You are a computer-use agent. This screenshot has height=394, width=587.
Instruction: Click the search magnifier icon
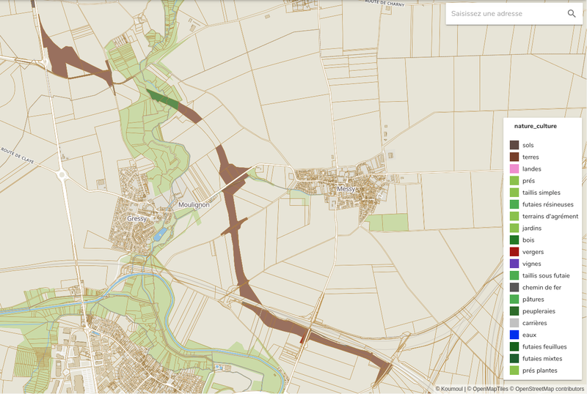[x=572, y=14]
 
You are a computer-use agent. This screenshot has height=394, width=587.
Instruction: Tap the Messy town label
[x=346, y=189]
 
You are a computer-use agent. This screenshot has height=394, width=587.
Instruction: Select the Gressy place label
[x=137, y=218]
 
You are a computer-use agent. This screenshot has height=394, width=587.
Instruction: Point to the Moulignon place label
[x=194, y=205]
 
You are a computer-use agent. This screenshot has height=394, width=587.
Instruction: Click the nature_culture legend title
[x=535, y=126]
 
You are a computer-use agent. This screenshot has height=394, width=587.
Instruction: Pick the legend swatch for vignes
[x=514, y=264]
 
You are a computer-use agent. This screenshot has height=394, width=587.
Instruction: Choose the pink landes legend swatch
[x=514, y=169]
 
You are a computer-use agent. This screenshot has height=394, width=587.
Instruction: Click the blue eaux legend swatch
[x=514, y=335]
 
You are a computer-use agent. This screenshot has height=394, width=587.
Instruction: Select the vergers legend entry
[x=533, y=252]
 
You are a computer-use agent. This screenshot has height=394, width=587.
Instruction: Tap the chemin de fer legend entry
[x=542, y=287]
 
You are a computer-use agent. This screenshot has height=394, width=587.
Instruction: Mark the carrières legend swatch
[x=514, y=323]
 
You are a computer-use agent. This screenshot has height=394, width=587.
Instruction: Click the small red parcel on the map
[x=302, y=338]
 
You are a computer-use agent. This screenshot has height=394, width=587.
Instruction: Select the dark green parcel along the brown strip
[x=163, y=100]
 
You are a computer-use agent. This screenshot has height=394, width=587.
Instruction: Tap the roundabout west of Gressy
[x=62, y=175]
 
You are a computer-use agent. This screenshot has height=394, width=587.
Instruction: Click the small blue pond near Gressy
[x=159, y=234]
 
